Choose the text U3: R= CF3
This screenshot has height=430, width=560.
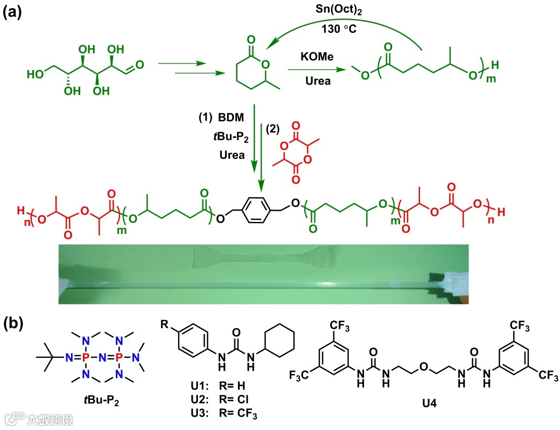[x=211, y=413]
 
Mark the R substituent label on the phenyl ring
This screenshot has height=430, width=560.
[x=164, y=325]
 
